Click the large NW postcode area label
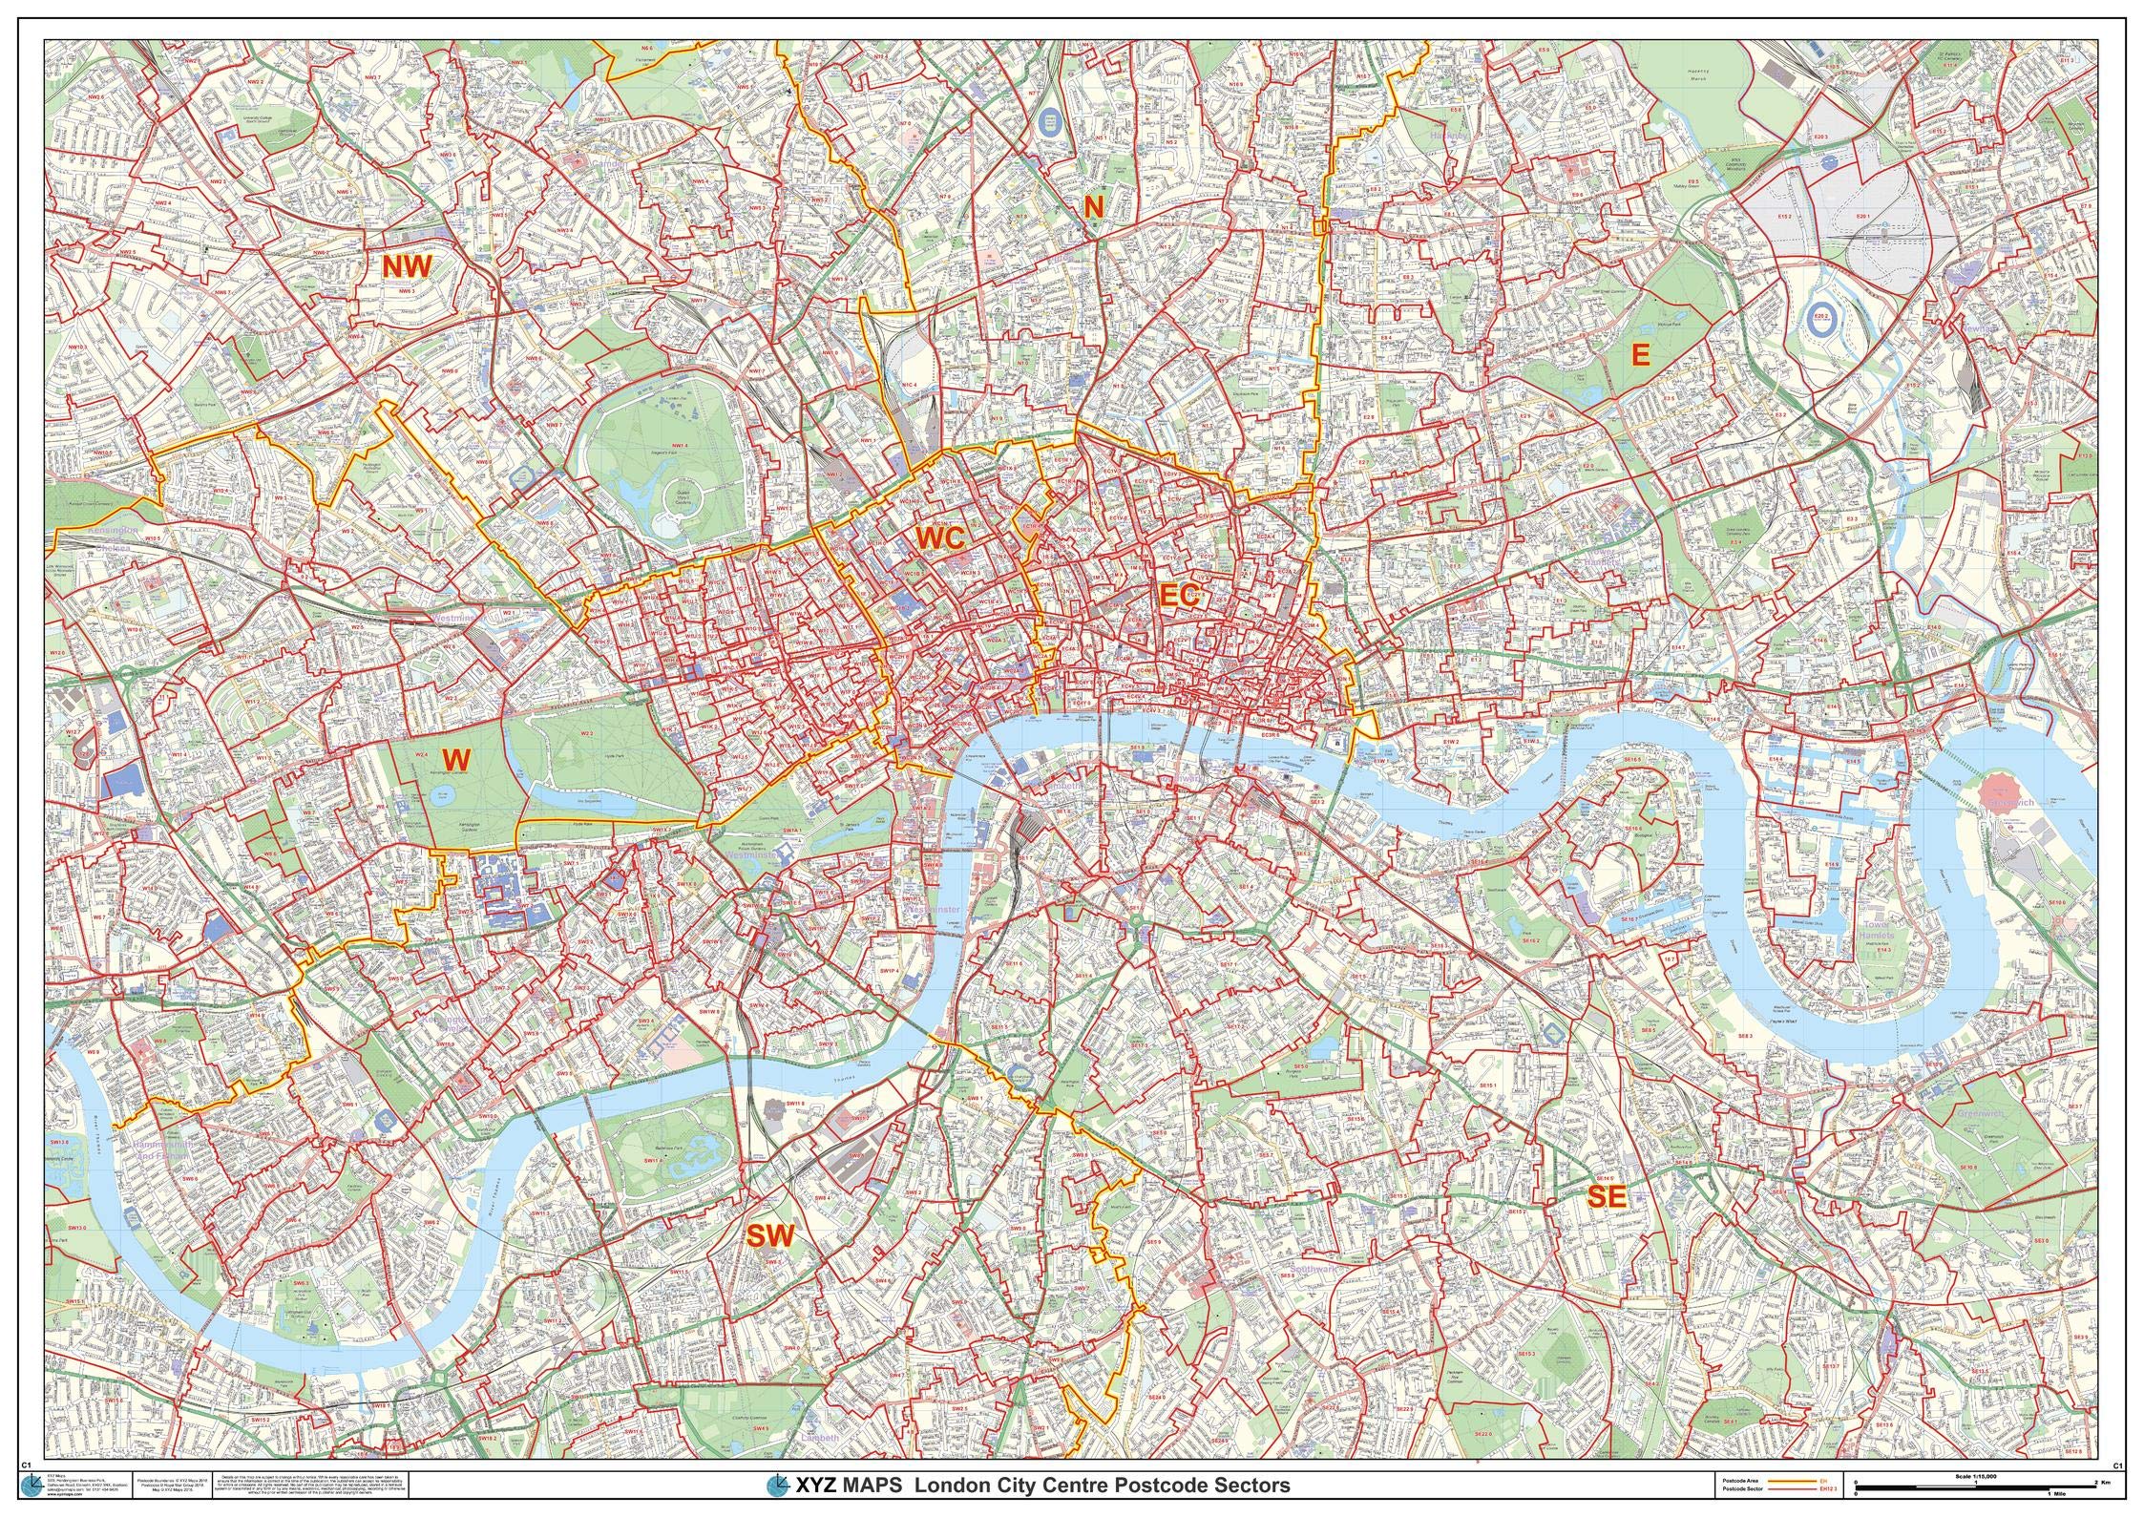click(x=408, y=266)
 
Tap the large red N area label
click(x=1093, y=206)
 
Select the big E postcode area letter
click(x=1640, y=355)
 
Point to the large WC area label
click(x=941, y=537)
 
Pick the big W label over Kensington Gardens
click(x=457, y=759)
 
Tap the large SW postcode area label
click(x=769, y=1236)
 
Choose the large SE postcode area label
click(x=1605, y=1197)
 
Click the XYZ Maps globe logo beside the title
click(x=779, y=1485)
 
